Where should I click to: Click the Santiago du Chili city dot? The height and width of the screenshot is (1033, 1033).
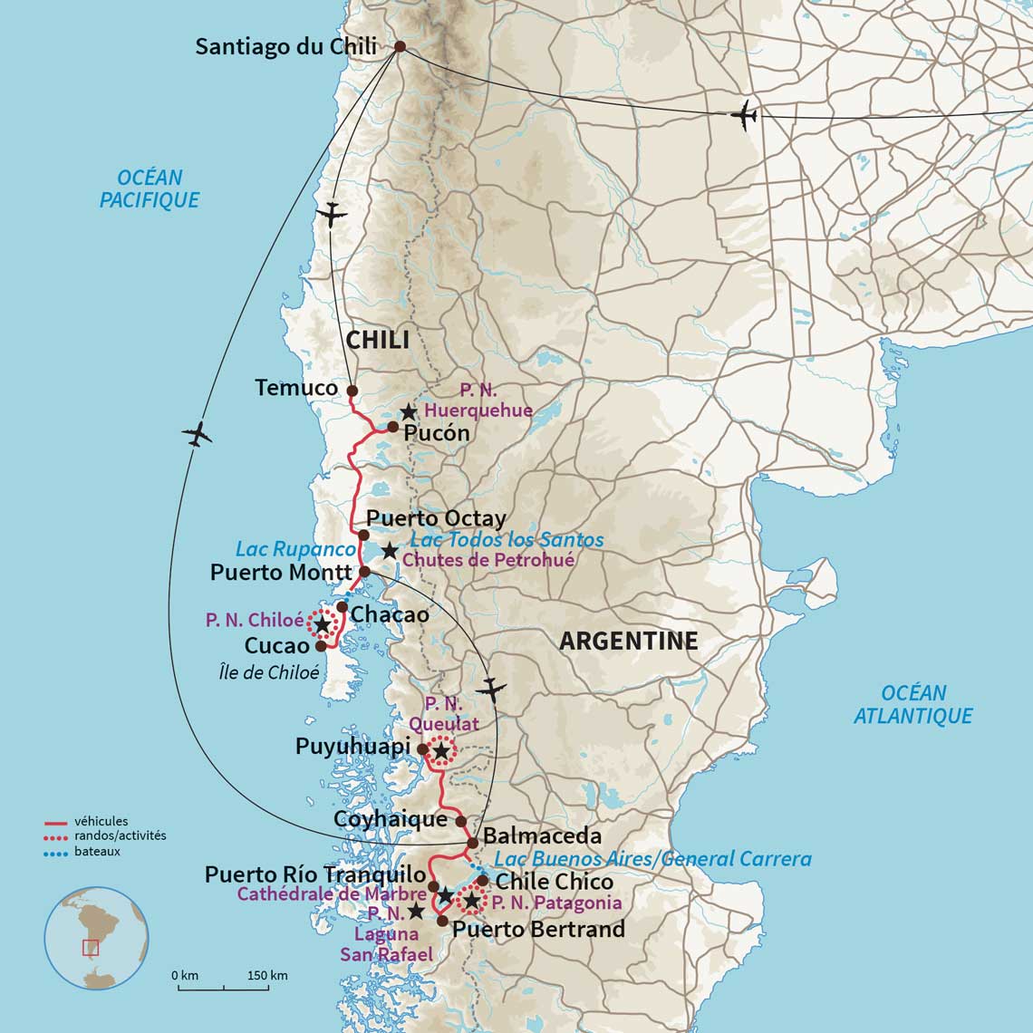(399, 46)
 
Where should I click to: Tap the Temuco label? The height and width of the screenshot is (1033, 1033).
(296, 389)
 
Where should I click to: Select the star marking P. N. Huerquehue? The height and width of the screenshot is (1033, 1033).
(409, 412)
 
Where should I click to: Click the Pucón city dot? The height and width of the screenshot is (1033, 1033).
(392, 427)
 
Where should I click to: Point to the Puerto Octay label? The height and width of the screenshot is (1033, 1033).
(436, 518)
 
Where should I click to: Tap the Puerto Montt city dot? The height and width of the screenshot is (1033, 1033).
(364, 572)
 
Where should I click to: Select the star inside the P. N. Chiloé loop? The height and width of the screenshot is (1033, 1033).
(321, 624)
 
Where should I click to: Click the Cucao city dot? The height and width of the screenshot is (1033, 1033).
(320, 646)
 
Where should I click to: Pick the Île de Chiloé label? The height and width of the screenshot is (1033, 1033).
(282, 673)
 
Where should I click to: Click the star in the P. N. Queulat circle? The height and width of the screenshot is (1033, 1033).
(440, 750)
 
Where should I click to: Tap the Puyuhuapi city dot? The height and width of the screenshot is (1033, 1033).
(421, 748)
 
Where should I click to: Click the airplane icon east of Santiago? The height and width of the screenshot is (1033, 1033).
(744, 116)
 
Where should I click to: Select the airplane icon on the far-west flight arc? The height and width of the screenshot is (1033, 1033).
(197, 434)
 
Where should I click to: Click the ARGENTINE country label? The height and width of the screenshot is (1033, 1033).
(628, 642)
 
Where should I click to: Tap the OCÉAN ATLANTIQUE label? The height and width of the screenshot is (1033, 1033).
(913, 704)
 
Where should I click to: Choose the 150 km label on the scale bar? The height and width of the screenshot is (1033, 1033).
(267, 975)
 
